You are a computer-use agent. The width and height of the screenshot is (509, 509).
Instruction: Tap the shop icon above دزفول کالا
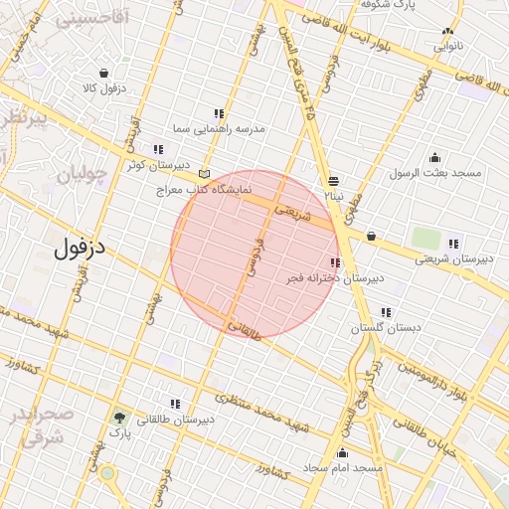[x=104, y=73]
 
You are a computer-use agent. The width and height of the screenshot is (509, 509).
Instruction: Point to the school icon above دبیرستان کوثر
[x=158, y=149]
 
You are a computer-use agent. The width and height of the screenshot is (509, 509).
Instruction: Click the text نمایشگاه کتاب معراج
[x=205, y=188]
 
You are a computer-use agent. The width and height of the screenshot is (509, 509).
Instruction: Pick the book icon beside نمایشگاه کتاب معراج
[x=205, y=173]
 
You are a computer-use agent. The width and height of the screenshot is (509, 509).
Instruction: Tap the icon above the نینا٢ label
[x=332, y=181]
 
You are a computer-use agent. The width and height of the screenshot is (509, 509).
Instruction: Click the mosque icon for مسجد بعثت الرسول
[x=434, y=157]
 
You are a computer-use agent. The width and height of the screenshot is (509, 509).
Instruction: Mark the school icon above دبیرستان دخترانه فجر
[x=334, y=263]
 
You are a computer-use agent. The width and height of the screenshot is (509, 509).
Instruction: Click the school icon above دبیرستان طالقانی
[x=175, y=404]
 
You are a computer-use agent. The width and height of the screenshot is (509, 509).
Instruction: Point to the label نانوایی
[x=444, y=46]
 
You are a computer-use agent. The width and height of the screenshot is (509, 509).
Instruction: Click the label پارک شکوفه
[x=415, y=5]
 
